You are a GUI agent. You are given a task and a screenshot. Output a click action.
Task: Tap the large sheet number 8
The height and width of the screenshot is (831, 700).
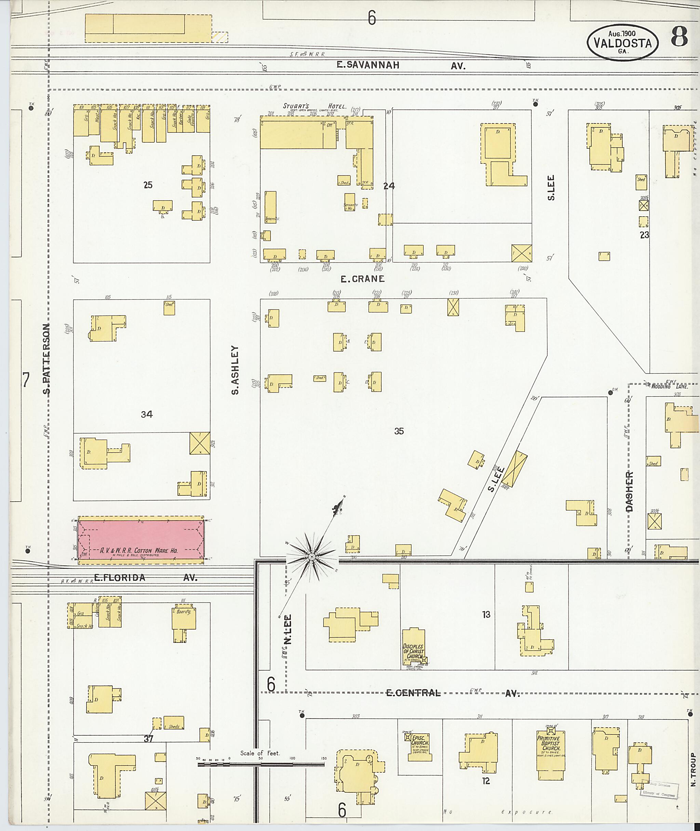[679, 38]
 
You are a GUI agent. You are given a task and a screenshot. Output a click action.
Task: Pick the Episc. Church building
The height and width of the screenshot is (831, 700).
[419, 746]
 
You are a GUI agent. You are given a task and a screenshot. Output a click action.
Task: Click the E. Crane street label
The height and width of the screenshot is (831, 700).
[363, 279]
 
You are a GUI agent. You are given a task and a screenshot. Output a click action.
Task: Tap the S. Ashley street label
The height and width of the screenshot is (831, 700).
[235, 370]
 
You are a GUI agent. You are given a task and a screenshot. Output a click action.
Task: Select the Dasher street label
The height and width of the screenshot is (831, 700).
[629, 491]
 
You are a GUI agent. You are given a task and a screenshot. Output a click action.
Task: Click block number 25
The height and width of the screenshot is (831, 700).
[148, 185]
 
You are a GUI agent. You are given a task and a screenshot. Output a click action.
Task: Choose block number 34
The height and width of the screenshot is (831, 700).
[147, 414]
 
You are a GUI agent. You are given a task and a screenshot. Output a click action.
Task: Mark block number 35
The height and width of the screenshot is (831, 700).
[399, 431]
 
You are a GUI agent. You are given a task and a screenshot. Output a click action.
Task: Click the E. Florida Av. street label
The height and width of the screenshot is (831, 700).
[146, 578]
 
